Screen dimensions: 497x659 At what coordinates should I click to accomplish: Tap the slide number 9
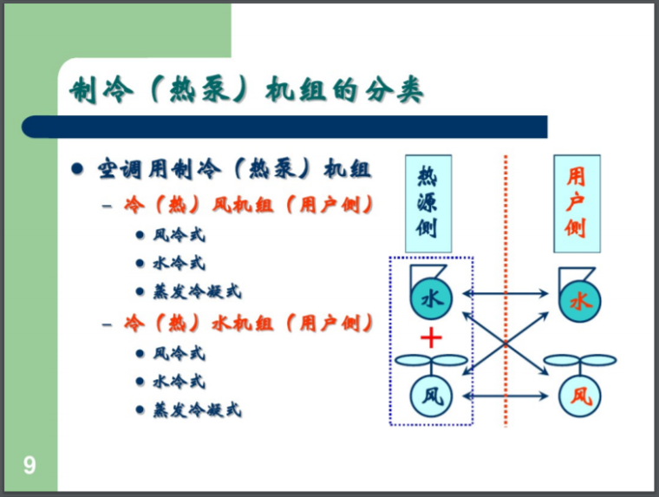click(29, 466)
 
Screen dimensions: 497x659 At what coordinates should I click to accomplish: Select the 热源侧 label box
click(427, 203)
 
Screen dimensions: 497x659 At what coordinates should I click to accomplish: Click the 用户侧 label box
click(576, 203)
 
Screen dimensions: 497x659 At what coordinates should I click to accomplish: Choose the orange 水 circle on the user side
click(579, 300)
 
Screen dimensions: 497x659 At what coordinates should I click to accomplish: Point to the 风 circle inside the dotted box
click(431, 396)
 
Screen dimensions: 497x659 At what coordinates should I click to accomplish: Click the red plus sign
click(431, 338)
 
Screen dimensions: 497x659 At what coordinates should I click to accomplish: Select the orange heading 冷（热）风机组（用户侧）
click(249, 206)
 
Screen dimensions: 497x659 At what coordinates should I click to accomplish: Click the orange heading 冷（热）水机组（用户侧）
click(249, 324)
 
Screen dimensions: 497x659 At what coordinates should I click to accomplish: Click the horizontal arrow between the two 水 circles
click(506, 294)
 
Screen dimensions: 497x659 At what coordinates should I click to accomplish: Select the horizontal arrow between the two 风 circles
click(506, 395)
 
